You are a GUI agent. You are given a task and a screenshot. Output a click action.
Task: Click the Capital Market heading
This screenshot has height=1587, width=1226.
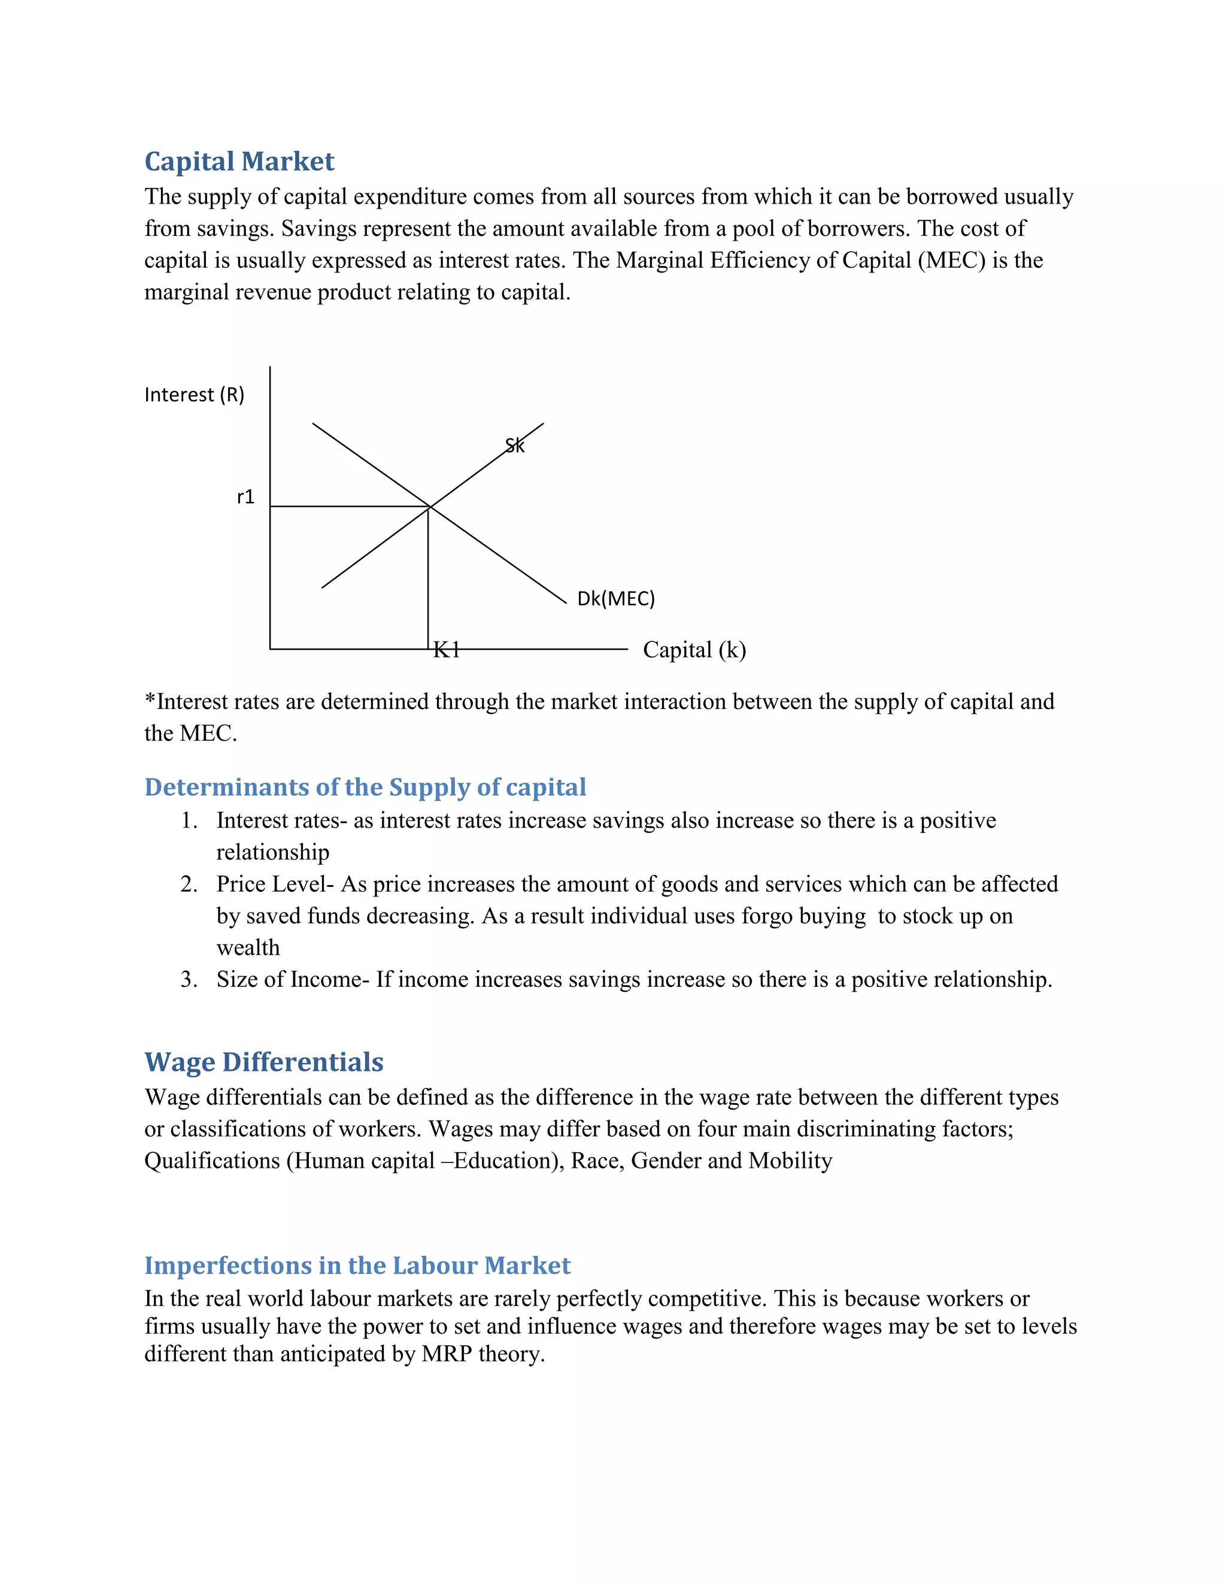tap(239, 161)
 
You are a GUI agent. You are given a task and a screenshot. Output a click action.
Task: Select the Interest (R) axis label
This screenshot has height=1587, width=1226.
tap(194, 395)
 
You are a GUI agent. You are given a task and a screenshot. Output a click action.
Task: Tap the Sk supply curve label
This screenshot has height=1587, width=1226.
tap(514, 446)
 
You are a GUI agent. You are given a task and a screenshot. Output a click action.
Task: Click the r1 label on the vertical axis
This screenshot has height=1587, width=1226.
tap(245, 497)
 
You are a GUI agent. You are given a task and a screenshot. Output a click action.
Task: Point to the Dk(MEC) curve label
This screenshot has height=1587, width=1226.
tap(615, 599)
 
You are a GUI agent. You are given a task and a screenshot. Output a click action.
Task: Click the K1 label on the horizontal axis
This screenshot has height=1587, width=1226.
tap(446, 650)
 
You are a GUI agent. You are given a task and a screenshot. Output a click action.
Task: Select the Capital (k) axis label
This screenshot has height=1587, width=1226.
tap(694, 650)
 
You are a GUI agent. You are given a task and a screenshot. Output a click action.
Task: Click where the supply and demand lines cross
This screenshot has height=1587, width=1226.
tap(430, 507)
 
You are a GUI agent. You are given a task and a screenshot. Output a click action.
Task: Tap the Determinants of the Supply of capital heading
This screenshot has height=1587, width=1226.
tap(365, 787)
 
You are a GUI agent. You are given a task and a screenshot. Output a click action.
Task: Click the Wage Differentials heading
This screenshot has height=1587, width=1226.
tap(263, 1062)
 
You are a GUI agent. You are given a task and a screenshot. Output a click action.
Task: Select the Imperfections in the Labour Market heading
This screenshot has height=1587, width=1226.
tap(357, 1265)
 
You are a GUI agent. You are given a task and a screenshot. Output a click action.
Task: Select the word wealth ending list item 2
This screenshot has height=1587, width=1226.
tap(248, 947)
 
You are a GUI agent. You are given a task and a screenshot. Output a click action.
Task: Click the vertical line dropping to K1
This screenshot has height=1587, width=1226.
tap(428, 582)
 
